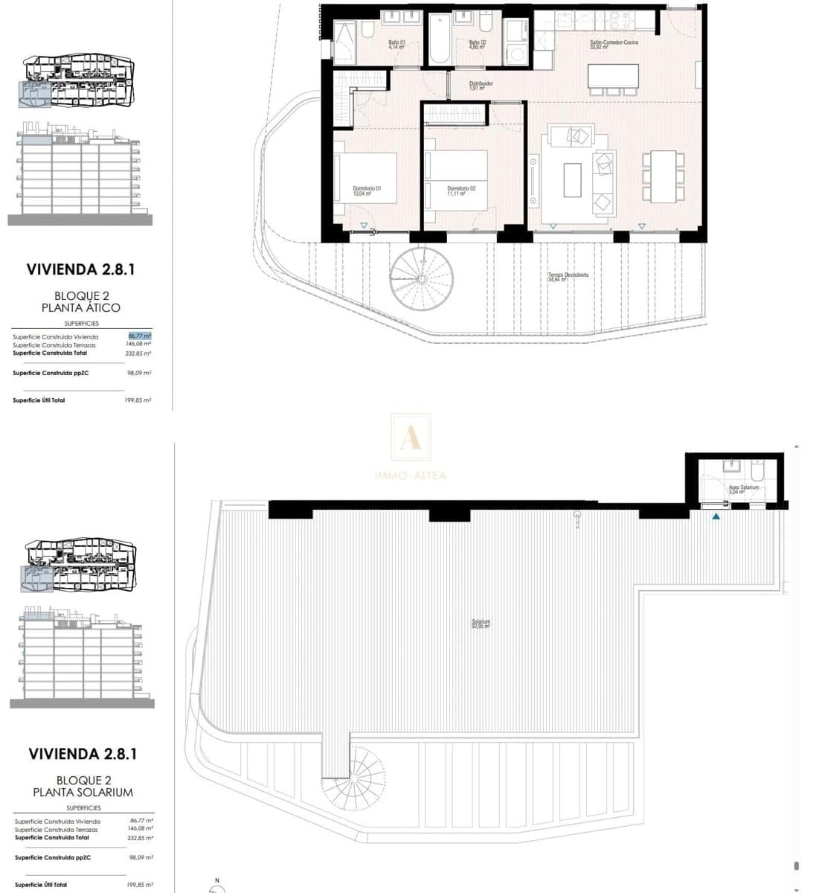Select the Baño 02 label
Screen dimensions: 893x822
477,44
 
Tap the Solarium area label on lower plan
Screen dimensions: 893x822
481,624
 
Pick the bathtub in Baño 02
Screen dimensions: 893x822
439,37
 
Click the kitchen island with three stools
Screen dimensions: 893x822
613,76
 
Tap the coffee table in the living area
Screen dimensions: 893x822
572,180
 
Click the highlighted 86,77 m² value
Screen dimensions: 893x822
140,336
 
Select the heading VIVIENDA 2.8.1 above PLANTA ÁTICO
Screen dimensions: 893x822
80,269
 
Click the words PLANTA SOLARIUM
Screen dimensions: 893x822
83,793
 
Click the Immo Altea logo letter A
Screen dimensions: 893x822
411,438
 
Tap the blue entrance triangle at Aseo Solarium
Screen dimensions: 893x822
716,515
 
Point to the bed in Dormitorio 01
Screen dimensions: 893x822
366,177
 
